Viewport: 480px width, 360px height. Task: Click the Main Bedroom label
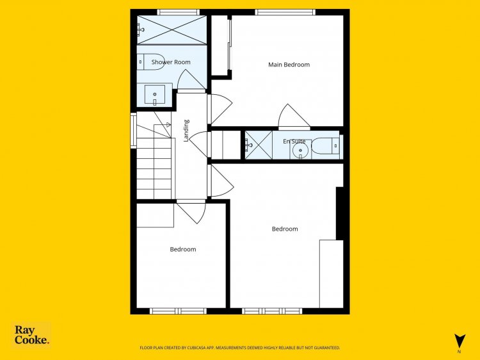click(x=289, y=65)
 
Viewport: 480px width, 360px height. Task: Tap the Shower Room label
click(x=171, y=62)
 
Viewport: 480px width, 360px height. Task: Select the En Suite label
click(x=294, y=141)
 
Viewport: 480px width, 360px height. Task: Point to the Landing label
click(x=186, y=131)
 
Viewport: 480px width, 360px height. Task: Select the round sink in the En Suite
click(x=300, y=151)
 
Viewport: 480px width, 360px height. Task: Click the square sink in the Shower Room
click(x=155, y=95)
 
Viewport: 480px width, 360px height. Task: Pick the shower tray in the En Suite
click(x=259, y=145)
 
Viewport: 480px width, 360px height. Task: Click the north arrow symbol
click(x=460, y=341)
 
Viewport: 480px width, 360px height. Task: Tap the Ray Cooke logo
click(x=31, y=335)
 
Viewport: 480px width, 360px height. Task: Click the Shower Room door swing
click(x=191, y=80)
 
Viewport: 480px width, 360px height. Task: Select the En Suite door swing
click(x=294, y=117)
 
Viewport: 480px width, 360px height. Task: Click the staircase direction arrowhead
click(x=168, y=125)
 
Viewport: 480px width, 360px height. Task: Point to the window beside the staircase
click(x=133, y=131)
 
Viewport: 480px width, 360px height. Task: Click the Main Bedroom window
click(x=285, y=12)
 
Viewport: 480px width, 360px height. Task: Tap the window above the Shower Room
click(x=179, y=12)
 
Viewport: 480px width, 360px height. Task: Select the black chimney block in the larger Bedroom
click(x=340, y=213)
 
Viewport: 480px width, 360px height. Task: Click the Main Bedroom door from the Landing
click(x=220, y=110)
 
